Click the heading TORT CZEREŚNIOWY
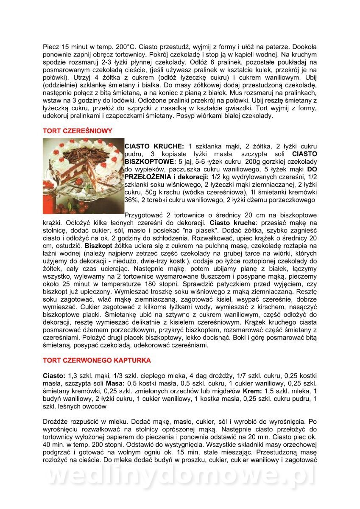click(78, 131)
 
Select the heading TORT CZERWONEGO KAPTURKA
click(97, 361)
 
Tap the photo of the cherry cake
click(83, 176)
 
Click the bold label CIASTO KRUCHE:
click(154, 146)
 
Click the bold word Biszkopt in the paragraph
click(97, 246)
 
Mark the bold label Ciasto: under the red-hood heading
click(54, 376)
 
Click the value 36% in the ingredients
click(132, 199)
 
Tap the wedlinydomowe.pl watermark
click(180, 476)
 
